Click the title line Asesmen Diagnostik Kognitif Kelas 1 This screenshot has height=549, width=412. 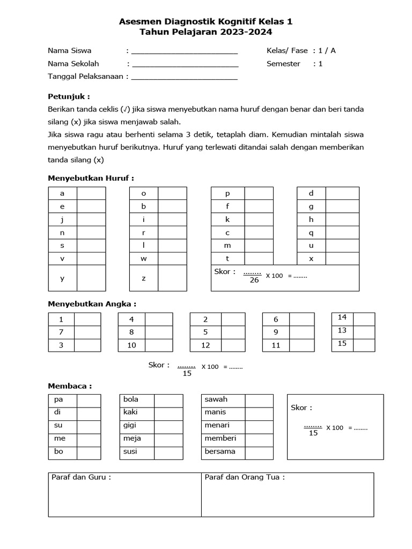coord(205,22)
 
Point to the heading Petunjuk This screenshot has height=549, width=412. coord(69,97)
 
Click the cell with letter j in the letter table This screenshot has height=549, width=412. coord(62,219)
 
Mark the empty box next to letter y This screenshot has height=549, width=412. coord(91,278)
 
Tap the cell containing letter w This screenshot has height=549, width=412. coord(143,258)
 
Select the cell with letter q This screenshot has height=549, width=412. coord(311,233)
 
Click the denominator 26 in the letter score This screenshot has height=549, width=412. coord(254,280)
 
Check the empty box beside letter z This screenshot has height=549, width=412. coord(172,278)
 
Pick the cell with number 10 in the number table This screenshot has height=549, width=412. coord(131,345)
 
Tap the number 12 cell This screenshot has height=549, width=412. coord(205,345)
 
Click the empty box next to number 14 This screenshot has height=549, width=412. coord(363,317)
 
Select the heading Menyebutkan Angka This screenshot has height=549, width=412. coord(92,303)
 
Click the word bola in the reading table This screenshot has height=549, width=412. coord(131,399)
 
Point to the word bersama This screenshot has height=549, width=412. coord(220,451)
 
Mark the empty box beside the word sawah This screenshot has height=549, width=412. coord(259,399)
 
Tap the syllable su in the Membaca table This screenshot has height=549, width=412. coord(58,425)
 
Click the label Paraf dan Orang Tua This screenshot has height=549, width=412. coord(245,477)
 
